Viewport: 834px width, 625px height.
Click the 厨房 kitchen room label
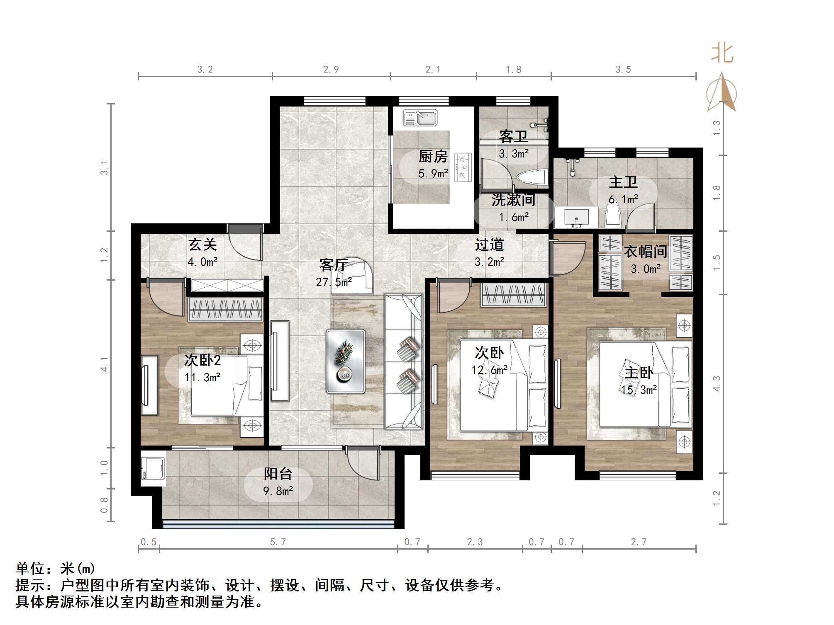point(433,157)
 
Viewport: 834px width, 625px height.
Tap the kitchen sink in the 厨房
point(420,118)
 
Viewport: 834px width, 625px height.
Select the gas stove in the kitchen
point(463,167)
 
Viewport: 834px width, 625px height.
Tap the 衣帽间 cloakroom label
point(645,252)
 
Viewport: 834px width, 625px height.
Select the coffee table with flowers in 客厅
point(345,361)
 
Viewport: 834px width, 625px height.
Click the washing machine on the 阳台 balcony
point(152,471)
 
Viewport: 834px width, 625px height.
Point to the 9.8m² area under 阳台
point(278,491)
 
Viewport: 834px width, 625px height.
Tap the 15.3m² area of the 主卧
point(639,390)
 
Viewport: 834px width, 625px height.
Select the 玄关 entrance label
point(202,245)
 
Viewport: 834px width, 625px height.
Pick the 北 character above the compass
point(722,54)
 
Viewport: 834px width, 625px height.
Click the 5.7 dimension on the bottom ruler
point(278,542)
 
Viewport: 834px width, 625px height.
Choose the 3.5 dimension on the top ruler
point(623,70)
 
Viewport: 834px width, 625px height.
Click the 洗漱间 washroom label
point(513,200)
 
